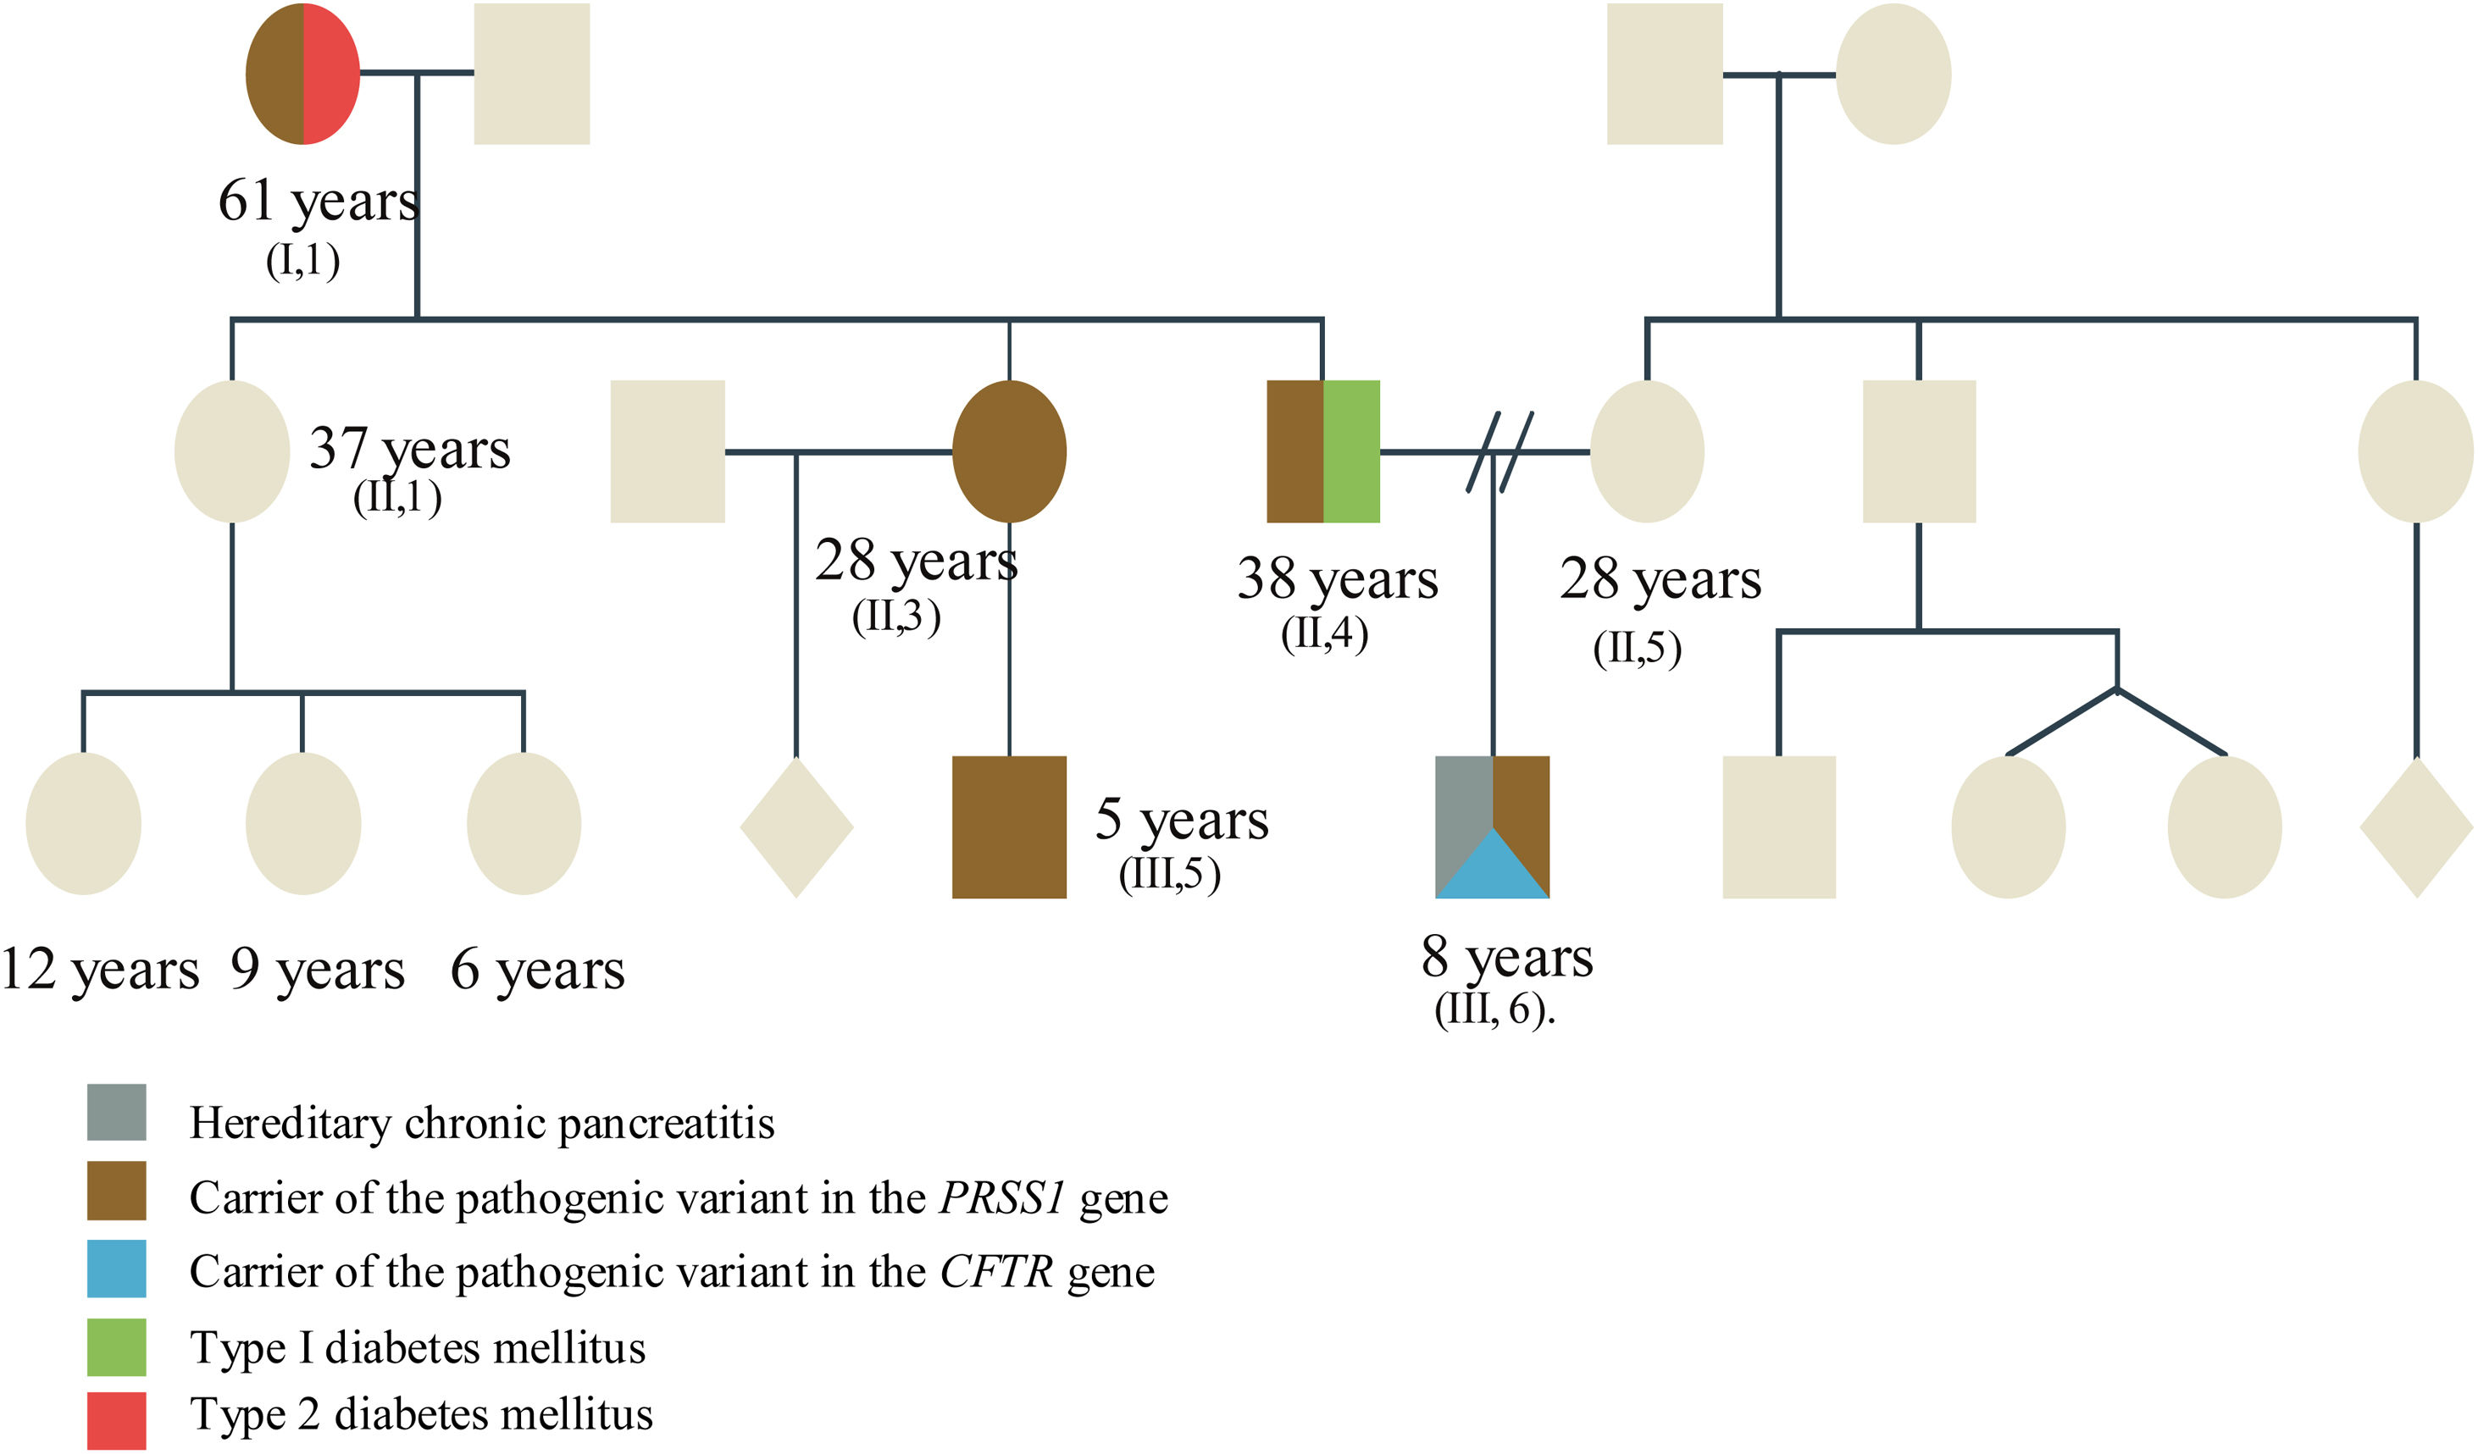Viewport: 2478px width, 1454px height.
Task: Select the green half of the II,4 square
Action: click(1351, 451)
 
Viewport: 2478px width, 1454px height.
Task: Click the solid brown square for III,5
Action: click(1009, 827)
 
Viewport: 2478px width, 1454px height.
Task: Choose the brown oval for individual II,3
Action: click(1009, 451)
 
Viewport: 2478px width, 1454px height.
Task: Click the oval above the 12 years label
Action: click(84, 824)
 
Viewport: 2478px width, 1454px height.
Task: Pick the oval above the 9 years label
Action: click(303, 824)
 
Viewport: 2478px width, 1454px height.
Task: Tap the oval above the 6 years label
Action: click(524, 824)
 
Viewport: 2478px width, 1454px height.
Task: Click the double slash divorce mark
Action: click(1499, 451)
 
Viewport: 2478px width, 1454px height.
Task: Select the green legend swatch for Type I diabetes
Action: click(116, 1346)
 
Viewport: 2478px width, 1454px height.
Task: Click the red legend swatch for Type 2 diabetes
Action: click(116, 1419)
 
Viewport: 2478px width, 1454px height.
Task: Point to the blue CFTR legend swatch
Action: click(116, 1269)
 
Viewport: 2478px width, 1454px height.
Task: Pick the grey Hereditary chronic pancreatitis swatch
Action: click(116, 1112)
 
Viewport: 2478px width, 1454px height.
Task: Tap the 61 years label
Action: click(318, 202)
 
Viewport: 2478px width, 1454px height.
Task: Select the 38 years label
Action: click(1338, 579)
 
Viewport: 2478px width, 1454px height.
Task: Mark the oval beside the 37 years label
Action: click(232, 451)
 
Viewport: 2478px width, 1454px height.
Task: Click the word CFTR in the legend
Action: click(996, 1272)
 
